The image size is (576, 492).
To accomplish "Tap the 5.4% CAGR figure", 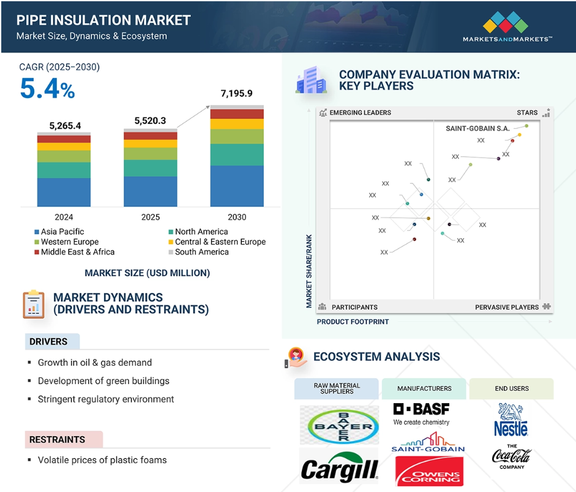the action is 47,89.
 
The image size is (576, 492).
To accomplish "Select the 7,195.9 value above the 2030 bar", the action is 236,93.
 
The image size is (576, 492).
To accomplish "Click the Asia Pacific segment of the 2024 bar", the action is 64,192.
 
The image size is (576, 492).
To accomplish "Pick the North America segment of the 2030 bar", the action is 237,155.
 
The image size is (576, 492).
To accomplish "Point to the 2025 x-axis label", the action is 151,217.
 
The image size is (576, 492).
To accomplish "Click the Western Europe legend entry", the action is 67,242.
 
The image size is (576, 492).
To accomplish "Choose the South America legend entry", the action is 199,252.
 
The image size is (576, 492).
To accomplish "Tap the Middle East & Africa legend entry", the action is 75,252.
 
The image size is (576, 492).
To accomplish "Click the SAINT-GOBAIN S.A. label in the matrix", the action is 477,128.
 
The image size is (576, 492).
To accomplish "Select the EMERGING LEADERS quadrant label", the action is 360,113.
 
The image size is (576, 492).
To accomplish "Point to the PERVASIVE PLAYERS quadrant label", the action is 507,307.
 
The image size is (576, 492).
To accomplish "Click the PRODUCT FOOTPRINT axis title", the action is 353,322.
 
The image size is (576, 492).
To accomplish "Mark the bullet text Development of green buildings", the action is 103,381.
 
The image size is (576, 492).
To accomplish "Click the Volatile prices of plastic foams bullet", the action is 102,460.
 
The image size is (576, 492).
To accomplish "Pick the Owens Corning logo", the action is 430,471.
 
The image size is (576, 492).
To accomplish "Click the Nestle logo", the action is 511,420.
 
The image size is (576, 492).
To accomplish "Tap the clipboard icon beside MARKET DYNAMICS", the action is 34,305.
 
